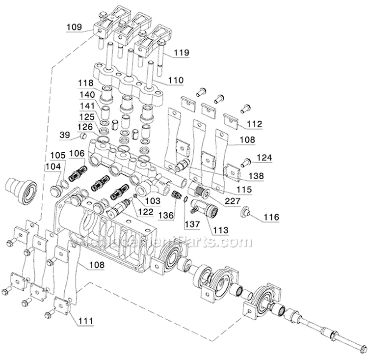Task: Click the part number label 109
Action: [74, 28]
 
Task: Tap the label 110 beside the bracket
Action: [176, 80]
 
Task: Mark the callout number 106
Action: [76, 154]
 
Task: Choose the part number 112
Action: [255, 124]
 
